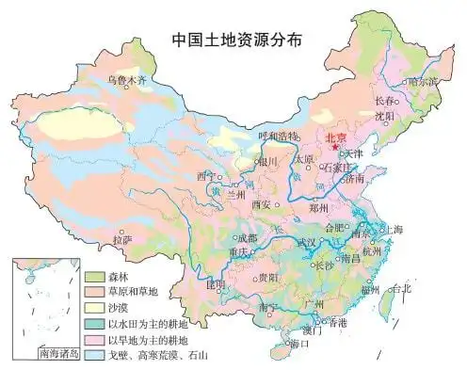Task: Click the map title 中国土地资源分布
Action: coord(236,40)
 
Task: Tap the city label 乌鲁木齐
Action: coord(127,80)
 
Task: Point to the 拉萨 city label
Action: coord(122,240)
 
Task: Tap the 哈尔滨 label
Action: coord(424,81)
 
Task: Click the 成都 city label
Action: coord(246,238)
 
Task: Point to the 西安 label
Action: coord(262,204)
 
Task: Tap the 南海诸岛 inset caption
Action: coord(57,355)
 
